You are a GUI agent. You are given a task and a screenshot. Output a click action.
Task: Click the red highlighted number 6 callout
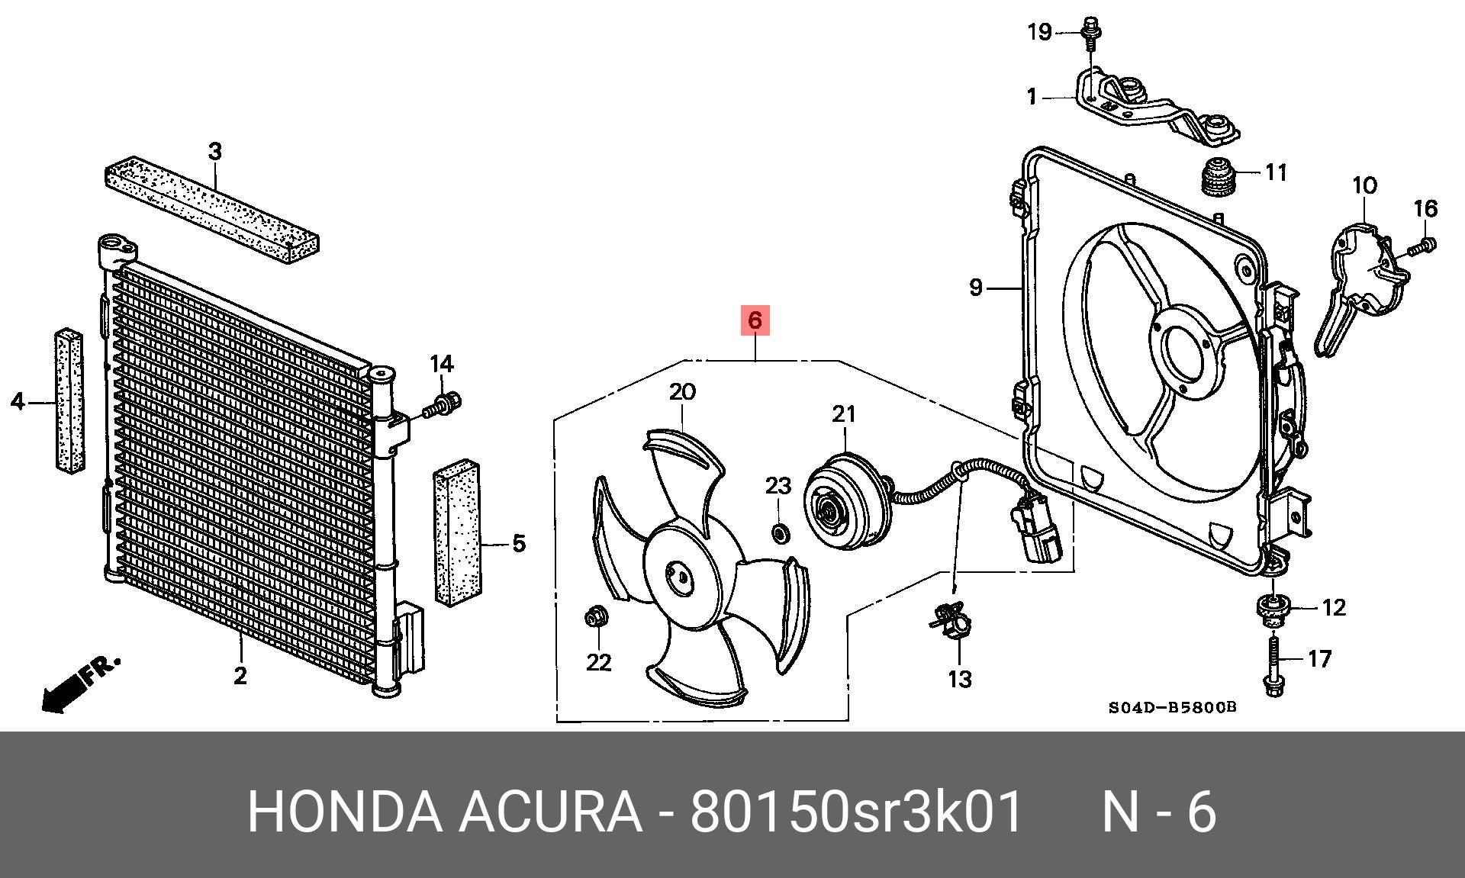click(x=755, y=320)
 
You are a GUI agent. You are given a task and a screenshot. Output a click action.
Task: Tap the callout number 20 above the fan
click(x=682, y=392)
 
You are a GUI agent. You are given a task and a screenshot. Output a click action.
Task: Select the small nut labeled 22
click(x=595, y=616)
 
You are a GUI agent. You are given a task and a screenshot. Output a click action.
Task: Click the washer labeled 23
click(x=779, y=532)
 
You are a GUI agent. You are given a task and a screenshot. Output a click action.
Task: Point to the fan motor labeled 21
click(x=845, y=500)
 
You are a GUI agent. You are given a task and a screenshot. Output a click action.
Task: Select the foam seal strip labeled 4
click(x=69, y=400)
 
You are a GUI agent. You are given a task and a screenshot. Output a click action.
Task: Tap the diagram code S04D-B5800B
click(x=1172, y=707)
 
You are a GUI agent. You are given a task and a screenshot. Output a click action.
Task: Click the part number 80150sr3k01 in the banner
click(x=855, y=812)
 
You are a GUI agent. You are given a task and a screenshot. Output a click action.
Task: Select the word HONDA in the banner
click(x=345, y=812)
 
